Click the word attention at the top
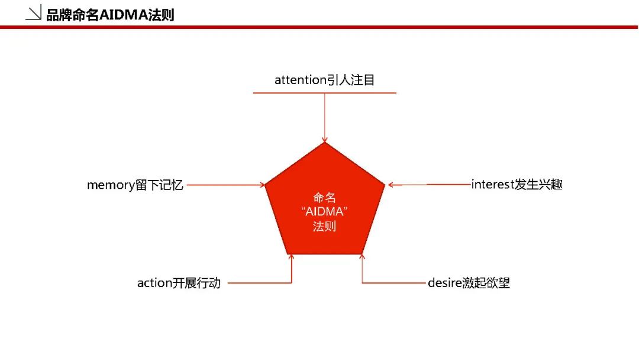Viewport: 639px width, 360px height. (301, 80)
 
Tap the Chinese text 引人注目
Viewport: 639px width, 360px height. (351, 80)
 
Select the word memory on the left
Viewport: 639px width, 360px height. (111, 185)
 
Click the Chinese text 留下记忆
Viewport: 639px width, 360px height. (159, 185)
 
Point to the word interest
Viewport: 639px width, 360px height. (493, 184)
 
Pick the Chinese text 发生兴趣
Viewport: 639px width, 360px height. (538, 184)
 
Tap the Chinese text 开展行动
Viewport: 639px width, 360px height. (196, 283)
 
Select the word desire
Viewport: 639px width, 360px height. (444, 282)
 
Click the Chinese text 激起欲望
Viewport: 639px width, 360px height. (486, 282)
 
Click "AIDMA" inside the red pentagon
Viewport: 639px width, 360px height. (324, 211)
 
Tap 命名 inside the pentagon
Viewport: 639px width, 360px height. (324, 198)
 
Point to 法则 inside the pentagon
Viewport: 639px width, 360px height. (324, 226)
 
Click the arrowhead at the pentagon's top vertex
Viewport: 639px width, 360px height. (325, 140)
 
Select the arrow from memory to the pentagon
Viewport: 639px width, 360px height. (226, 185)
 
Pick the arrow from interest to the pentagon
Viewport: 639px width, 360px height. (429, 185)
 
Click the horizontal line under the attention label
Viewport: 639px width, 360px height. (325, 93)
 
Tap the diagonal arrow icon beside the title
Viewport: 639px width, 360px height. (33, 12)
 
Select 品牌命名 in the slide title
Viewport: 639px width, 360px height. (73, 15)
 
